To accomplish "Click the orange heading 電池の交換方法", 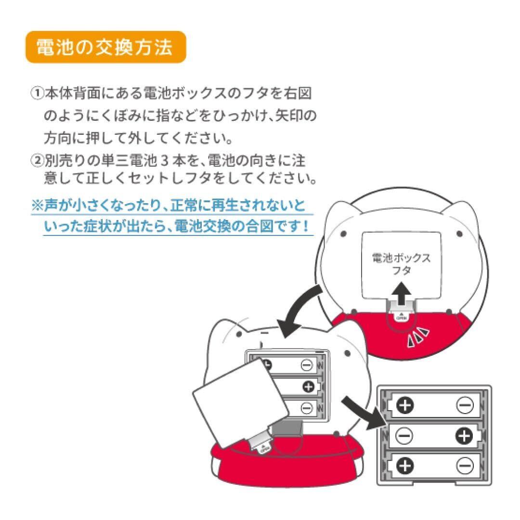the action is (x=105, y=47).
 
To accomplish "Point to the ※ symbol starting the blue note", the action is (x=37, y=207).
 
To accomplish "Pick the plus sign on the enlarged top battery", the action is (x=405, y=406).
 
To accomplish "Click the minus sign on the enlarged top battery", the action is (x=465, y=406).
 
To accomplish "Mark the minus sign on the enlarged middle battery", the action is (x=404, y=436).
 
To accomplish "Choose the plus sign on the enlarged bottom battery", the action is (x=405, y=466).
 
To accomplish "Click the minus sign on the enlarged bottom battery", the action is (x=465, y=466).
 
